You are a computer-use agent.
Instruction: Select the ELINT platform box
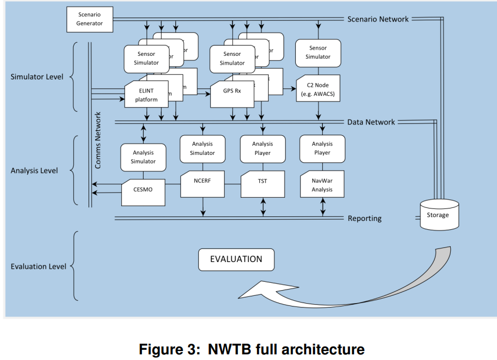pyautogui.click(x=147, y=95)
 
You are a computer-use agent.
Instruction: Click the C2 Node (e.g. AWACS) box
pyautogui.click(x=318, y=89)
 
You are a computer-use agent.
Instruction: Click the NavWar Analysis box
pyautogui.click(x=322, y=184)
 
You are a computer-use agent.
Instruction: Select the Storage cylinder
pyautogui.click(x=438, y=215)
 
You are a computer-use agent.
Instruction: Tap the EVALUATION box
pyautogui.click(x=236, y=260)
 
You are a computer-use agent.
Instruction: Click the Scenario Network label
pyautogui.click(x=378, y=19)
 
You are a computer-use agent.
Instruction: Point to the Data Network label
pyautogui.click(x=371, y=122)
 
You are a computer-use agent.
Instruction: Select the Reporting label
pyautogui.click(x=365, y=219)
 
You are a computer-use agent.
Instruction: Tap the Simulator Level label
pyautogui.click(x=37, y=77)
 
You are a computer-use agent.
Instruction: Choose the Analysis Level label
pyautogui.click(x=34, y=170)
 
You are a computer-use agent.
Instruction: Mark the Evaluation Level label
pyautogui.click(x=38, y=266)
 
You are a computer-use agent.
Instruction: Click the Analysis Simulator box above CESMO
pyautogui.click(x=143, y=157)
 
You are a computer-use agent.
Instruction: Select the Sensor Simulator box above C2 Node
pyautogui.click(x=318, y=52)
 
